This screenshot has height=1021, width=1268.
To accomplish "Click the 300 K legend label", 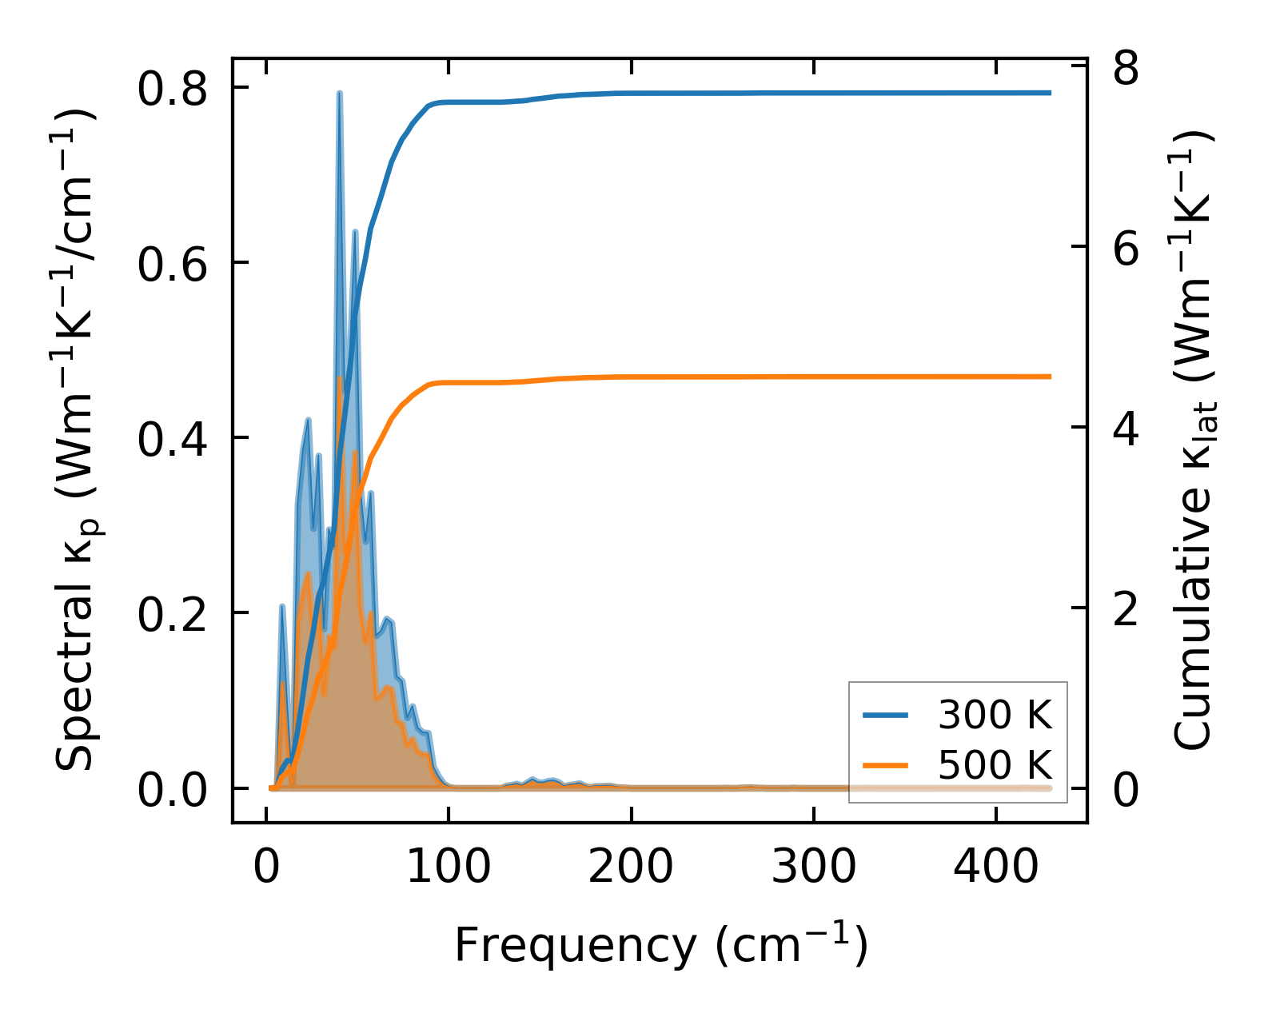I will tap(995, 716).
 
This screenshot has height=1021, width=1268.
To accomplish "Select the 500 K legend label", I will tap(995, 765).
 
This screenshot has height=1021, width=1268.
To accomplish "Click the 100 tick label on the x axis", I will tap(449, 867).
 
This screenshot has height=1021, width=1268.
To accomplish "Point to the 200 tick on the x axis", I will tap(631, 867).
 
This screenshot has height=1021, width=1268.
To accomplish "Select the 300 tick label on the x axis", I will tap(813, 867).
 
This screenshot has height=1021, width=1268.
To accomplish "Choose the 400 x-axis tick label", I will tap(995, 867).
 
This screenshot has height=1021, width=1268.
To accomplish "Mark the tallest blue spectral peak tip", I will tap(340, 93).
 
